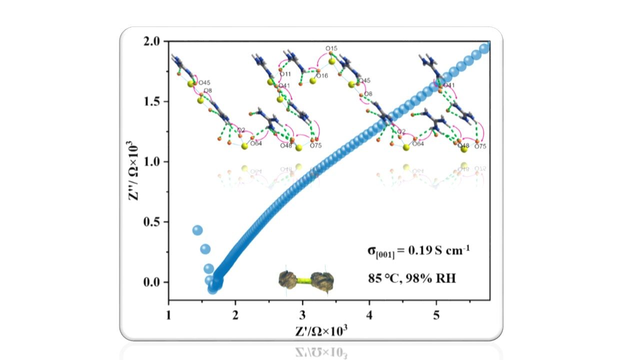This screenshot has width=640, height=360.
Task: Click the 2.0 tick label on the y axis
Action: (x=153, y=41)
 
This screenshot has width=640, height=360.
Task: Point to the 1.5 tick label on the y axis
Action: (x=153, y=101)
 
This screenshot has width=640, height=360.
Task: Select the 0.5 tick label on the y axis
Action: (x=153, y=222)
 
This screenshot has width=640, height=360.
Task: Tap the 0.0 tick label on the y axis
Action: (x=153, y=282)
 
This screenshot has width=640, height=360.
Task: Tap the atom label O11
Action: (x=285, y=74)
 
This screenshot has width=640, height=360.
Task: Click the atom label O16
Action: (x=322, y=76)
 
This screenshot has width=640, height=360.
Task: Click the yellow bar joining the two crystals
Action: (x=306, y=280)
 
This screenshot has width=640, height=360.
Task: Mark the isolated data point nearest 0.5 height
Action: (x=197, y=230)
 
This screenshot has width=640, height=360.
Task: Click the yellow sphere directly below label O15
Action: (x=331, y=61)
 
